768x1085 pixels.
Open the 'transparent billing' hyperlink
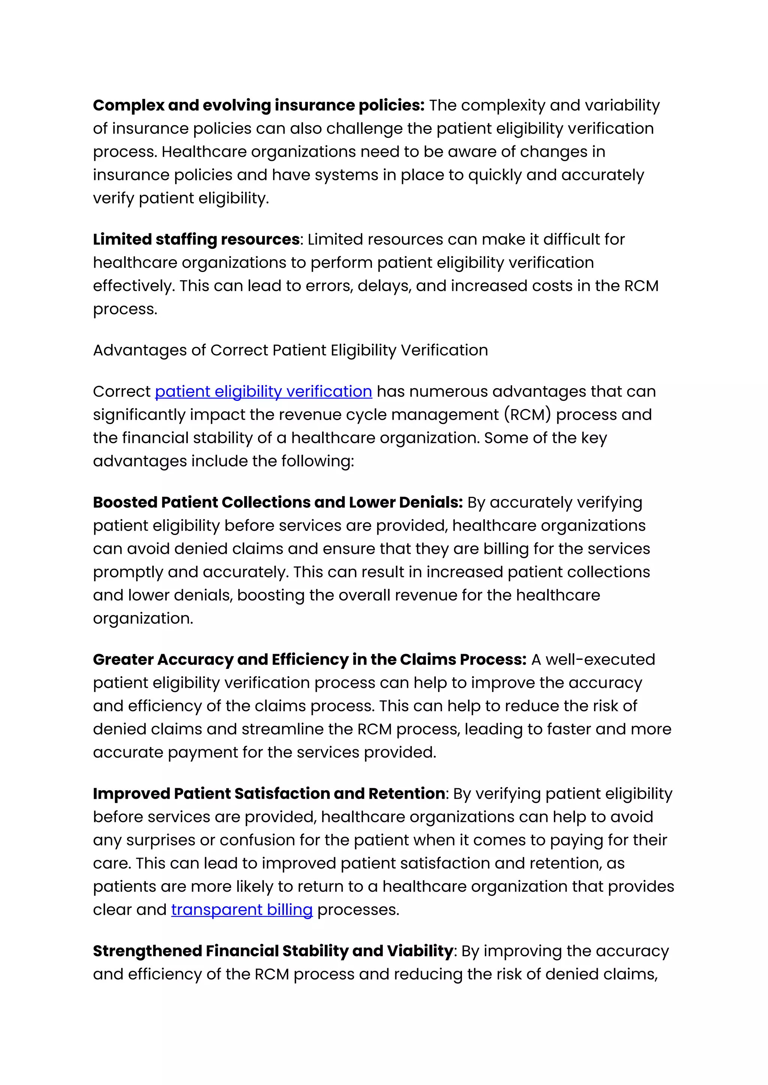241,909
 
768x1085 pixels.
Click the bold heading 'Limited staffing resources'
196,239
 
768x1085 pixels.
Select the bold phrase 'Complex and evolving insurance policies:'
259,105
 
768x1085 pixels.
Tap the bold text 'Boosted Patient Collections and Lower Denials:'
277,502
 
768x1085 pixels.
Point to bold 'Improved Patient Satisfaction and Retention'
268,793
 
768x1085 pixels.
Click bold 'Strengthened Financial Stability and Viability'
273,951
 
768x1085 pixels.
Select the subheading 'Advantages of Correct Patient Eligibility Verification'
290,350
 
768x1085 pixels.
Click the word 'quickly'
495,175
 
